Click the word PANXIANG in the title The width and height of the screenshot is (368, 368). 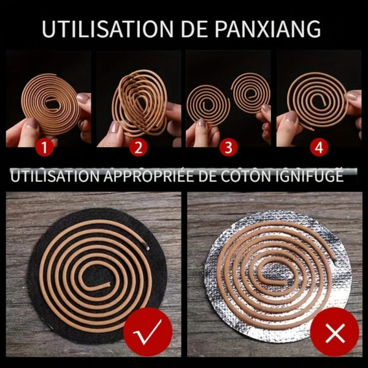click(x=268, y=29)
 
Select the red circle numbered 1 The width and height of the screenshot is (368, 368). click(x=45, y=148)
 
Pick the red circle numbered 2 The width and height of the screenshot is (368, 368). click(x=139, y=148)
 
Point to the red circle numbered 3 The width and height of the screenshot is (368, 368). click(x=229, y=148)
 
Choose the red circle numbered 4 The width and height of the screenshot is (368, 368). click(x=319, y=148)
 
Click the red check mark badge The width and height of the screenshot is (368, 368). click(x=148, y=332)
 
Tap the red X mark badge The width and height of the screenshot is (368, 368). click(x=335, y=332)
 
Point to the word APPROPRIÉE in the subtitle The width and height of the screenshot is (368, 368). click(x=149, y=176)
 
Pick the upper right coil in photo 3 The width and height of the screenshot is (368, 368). click(x=251, y=93)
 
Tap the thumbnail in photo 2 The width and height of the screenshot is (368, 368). click(x=115, y=128)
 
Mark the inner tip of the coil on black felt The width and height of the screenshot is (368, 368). click(x=109, y=285)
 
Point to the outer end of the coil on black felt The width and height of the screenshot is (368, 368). click(x=147, y=247)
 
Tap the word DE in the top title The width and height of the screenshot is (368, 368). click(x=194, y=29)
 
